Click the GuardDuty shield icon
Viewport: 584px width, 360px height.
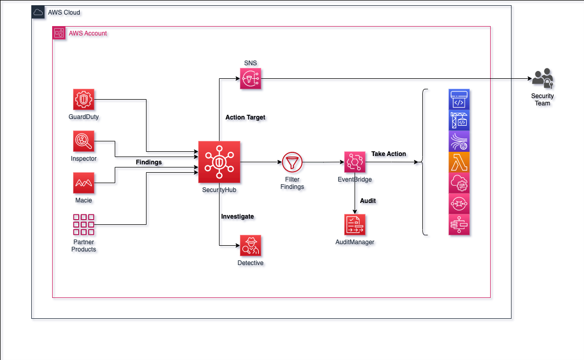click(83, 99)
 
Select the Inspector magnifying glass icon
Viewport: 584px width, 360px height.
click(83, 141)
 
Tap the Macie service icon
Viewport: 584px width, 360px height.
click(83, 183)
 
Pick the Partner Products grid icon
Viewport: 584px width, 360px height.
click(83, 224)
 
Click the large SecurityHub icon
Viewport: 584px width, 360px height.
click(219, 162)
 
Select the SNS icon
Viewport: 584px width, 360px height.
click(250, 79)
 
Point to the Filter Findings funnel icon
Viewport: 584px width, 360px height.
click(292, 163)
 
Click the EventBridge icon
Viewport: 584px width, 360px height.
click(355, 162)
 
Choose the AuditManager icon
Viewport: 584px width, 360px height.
click(355, 224)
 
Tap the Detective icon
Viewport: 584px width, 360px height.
click(250, 245)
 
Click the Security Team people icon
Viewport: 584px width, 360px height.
click(542, 79)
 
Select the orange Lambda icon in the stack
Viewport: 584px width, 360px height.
click(459, 162)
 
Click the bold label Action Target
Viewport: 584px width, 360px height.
click(245, 117)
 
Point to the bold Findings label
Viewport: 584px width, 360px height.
click(149, 162)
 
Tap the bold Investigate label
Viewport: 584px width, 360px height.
click(237, 216)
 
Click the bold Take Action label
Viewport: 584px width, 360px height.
click(388, 154)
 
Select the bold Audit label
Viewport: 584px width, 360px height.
click(368, 200)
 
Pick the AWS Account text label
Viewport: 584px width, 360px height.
click(88, 33)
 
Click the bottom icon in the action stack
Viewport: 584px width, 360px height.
click(459, 225)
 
